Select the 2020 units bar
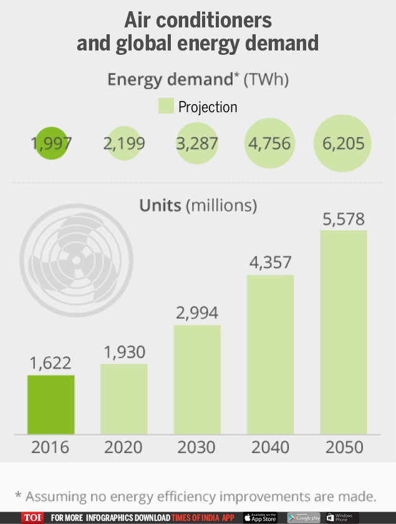124,399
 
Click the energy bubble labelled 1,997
51,143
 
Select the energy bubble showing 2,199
124,143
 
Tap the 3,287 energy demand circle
197,143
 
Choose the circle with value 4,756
269,143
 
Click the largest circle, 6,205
342,143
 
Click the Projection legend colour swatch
165,107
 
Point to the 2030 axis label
197,447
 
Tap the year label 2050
343,447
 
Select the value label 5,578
343,219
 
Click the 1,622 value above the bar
51,363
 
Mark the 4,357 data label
270,263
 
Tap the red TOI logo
32,518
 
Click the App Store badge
260,518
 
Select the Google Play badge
304,518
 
